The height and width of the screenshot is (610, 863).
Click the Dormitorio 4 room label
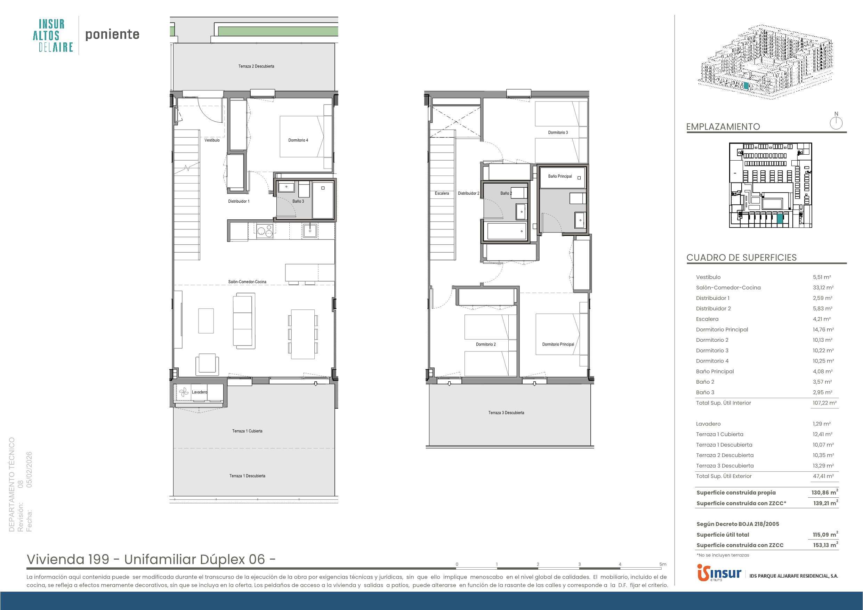298,140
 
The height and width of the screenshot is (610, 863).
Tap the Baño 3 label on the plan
298,201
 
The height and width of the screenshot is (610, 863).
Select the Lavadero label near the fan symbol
199,392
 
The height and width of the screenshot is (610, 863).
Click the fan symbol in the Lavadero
184,392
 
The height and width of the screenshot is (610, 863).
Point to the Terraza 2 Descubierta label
256,66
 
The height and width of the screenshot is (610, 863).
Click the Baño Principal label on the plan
560,176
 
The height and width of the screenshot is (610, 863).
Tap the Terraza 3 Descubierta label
506,413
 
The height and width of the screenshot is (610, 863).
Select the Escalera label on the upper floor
442,193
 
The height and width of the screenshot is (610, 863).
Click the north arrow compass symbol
836,123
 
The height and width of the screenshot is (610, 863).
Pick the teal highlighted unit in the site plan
780,219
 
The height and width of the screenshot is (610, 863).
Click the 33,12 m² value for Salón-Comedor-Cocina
823,287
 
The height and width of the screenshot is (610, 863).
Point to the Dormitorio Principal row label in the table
722,330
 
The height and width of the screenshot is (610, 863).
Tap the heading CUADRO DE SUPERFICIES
742,258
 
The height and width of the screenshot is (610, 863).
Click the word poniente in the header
112,34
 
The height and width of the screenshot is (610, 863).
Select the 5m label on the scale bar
663,564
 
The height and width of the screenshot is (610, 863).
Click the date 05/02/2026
29,470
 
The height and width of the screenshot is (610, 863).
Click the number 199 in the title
99,559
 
